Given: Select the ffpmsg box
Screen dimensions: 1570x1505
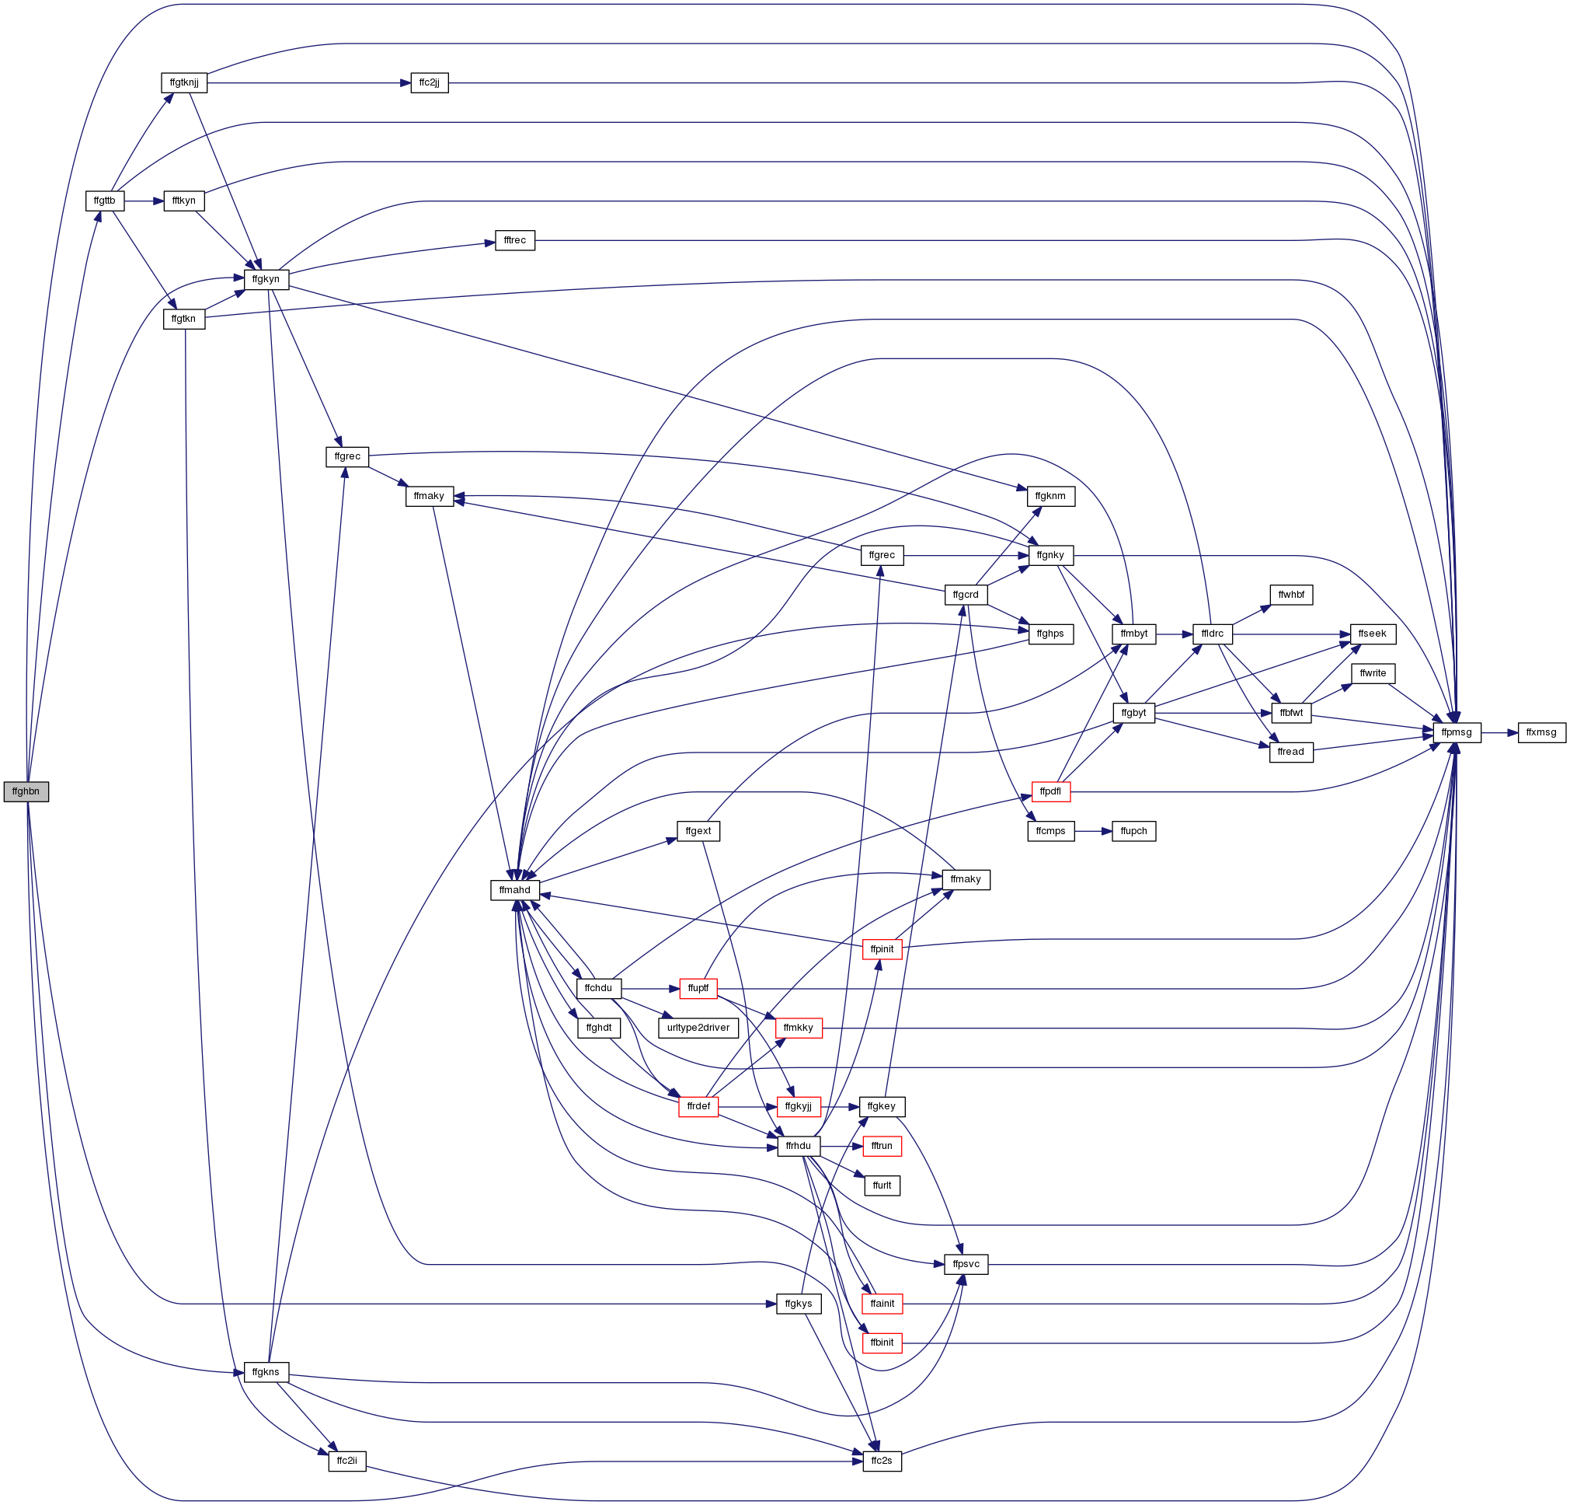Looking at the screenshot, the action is click(1457, 732).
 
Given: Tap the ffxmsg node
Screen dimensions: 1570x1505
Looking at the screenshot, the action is click(1542, 732).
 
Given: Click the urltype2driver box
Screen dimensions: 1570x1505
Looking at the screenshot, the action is click(698, 1028).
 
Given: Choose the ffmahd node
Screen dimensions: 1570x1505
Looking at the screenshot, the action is click(515, 890).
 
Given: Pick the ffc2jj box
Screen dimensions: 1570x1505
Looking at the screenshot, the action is click(430, 83).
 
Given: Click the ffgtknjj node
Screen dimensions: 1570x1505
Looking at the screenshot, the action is click(184, 82).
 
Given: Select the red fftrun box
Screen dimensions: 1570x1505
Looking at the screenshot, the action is click(882, 1147).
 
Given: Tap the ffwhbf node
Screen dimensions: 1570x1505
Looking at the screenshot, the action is click(1291, 595).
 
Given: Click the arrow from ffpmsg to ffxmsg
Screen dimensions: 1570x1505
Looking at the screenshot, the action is click(1499, 732).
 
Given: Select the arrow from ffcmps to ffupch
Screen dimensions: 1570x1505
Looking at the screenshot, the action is click(1093, 832).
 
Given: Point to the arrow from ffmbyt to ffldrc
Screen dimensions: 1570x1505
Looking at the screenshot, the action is click(1175, 634).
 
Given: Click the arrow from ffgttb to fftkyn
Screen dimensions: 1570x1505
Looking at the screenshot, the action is click(144, 201).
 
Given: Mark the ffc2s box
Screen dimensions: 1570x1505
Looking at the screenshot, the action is click(882, 1461).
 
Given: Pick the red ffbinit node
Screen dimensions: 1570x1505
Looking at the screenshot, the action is click(882, 1343).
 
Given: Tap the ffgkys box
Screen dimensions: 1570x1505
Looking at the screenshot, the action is click(799, 1304).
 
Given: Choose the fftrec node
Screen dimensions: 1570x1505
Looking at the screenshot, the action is click(515, 240).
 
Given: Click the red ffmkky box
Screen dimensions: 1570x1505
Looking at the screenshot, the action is click(799, 1028).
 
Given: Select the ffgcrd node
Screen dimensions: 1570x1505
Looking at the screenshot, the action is click(966, 595).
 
